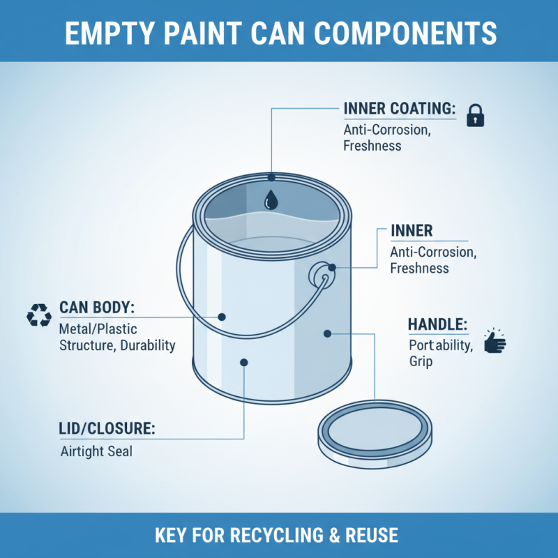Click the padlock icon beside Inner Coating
(475, 115)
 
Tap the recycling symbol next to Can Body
(39, 315)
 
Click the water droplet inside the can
(271, 201)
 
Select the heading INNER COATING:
(400, 110)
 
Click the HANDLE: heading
(437, 325)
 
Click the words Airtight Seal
(97, 451)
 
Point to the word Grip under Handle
(421, 362)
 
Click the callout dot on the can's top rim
(271, 177)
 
